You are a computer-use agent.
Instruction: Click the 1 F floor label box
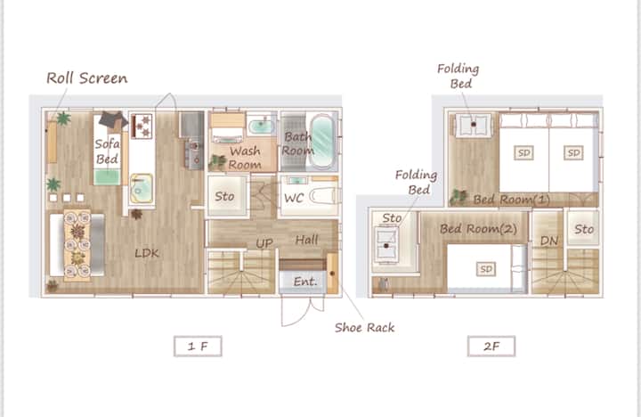coord(198,347)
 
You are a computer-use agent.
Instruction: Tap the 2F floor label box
coord(491,347)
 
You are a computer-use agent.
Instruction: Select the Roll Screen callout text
coord(86,78)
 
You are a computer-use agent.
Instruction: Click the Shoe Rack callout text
coord(365,327)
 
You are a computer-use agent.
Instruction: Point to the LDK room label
coord(147,253)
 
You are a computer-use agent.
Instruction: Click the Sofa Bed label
coord(107,151)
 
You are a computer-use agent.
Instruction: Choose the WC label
coord(294,198)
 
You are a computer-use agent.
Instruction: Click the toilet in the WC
coord(324,196)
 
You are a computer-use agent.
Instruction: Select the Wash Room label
coord(245,158)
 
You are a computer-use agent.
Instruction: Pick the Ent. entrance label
coord(305,282)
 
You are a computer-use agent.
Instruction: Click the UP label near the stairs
coord(264,243)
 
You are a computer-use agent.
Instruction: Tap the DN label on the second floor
coord(549,241)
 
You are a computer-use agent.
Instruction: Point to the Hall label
coord(306,240)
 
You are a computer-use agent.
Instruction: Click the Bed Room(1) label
coord(511,200)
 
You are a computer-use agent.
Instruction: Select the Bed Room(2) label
coord(478,228)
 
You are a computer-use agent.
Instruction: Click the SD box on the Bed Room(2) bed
coord(486,269)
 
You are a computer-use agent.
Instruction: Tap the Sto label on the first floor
coord(224,196)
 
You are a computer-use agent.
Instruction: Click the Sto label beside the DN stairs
coord(584,229)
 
